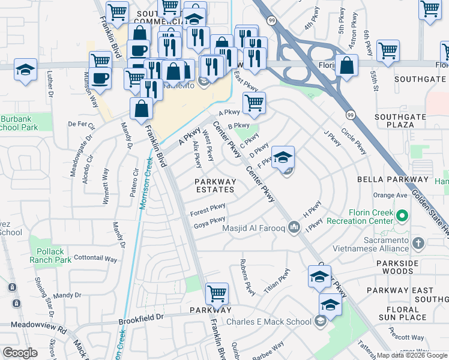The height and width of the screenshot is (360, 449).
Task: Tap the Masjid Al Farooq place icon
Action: (x=294, y=227)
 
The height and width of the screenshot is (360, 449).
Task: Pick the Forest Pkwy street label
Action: (x=207, y=210)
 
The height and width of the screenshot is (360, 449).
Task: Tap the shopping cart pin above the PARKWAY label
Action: (x=217, y=293)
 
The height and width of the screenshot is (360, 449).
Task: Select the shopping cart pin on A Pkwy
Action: (x=254, y=103)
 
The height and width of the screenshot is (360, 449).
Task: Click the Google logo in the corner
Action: (x=20, y=353)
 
